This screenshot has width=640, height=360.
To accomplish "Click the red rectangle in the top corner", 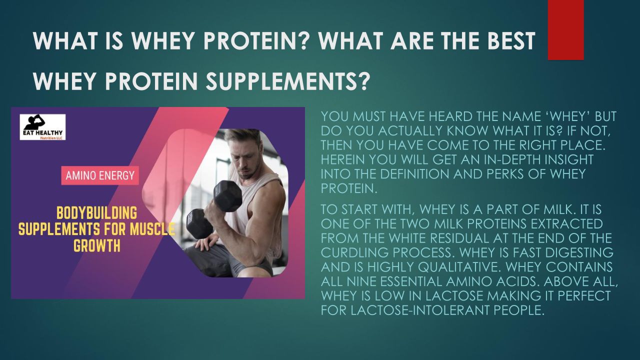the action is pyautogui.click(x=565, y=29).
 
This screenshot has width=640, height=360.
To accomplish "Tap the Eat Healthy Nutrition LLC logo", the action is pyautogui.click(x=42, y=127).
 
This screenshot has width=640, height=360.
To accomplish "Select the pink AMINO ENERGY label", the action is pyautogui.click(x=100, y=175).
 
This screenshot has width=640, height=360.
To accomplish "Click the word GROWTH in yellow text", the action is pyautogui.click(x=97, y=246).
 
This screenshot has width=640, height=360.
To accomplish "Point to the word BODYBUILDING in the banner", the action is pyautogui.click(x=97, y=213).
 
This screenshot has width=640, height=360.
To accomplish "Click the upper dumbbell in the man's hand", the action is pyautogui.click(x=227, y=196).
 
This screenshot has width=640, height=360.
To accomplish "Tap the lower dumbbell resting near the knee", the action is pyautogui.click(x=199, y=223).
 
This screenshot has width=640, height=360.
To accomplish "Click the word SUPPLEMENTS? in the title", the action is pyautogui.click(x=286, y=81).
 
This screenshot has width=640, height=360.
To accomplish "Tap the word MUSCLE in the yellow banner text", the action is pyautogui.click(x=152, y=229).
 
